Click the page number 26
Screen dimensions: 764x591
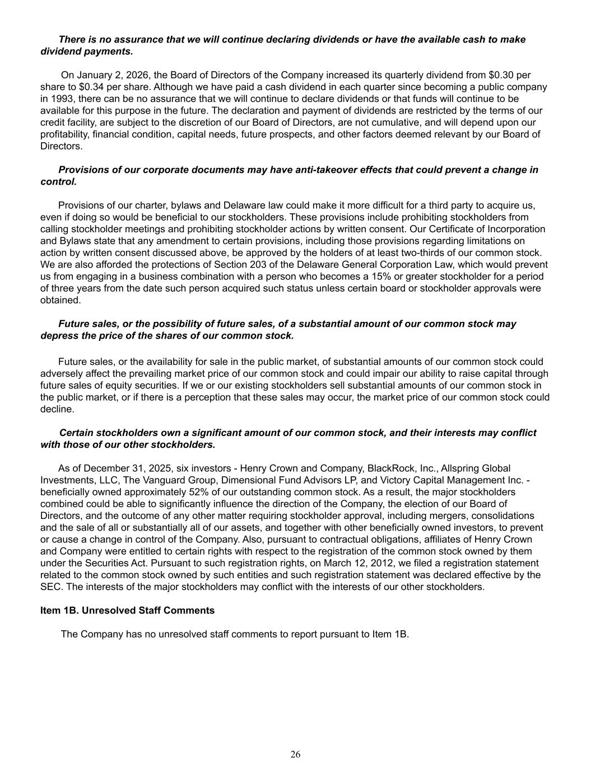click(x=295, y=754)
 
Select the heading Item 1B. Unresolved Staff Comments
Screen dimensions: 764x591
click(x=127, y=611)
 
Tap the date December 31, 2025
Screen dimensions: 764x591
click(x=122, y=468)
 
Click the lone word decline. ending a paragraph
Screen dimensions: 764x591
click(x=57, y=409)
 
